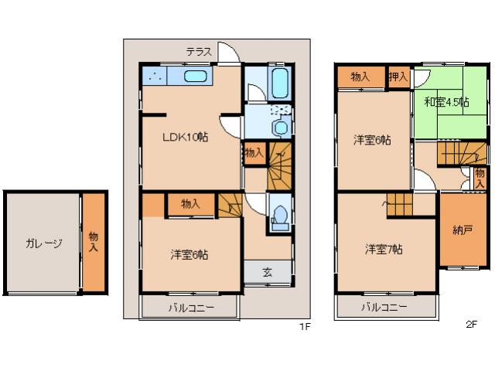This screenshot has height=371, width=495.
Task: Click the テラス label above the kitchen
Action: point(199,52)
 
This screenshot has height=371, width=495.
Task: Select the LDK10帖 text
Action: point(184,137)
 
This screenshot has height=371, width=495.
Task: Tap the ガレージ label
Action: point(43,243)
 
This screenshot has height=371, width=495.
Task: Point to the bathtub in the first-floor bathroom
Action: point(279,80)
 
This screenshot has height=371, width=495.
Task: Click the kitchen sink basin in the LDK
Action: point(195,77)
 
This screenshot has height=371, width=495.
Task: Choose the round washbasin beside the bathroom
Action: point(280,127)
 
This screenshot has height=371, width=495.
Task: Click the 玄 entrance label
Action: point(267,272)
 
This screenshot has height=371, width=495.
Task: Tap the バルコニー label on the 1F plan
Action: point(190,308)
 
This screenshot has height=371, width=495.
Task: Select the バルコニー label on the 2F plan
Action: point(384,308)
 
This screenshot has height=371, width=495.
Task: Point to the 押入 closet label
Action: point(398,77)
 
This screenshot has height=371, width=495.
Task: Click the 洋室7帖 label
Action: point(384,249)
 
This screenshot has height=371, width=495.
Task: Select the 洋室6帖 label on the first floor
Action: point(189,254)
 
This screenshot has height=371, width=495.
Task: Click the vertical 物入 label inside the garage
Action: point(93,242)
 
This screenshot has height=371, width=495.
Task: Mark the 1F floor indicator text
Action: point(305,326)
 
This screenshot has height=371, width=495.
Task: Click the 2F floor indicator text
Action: point(471,325)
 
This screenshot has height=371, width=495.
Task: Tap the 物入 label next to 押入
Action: point(360,77)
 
